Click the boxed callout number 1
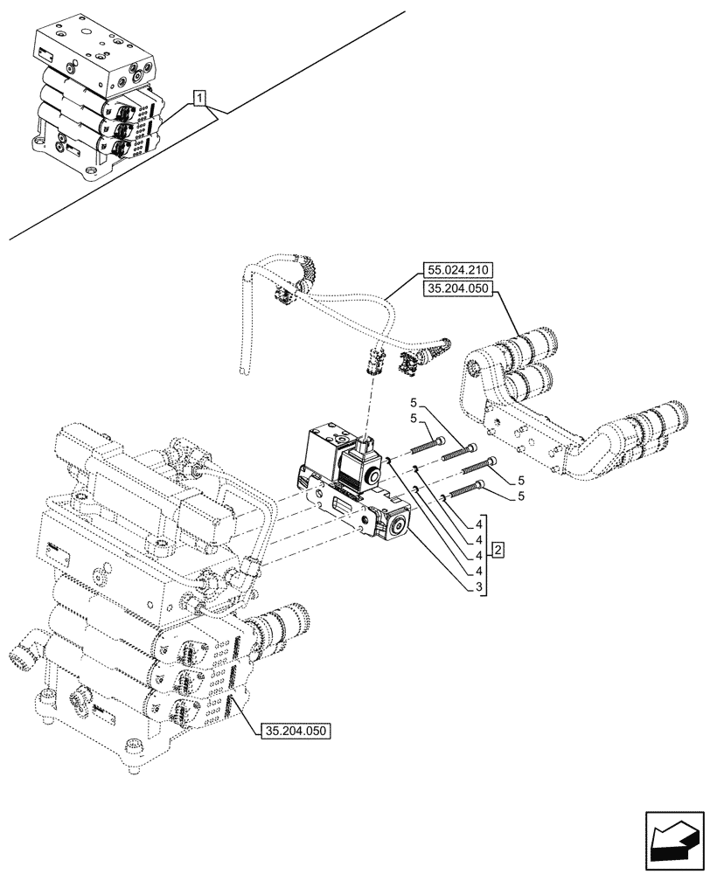(x=200, y=99)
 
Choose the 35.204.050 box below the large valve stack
(x=296, y=730)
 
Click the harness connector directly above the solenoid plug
(x=376, y=359)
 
